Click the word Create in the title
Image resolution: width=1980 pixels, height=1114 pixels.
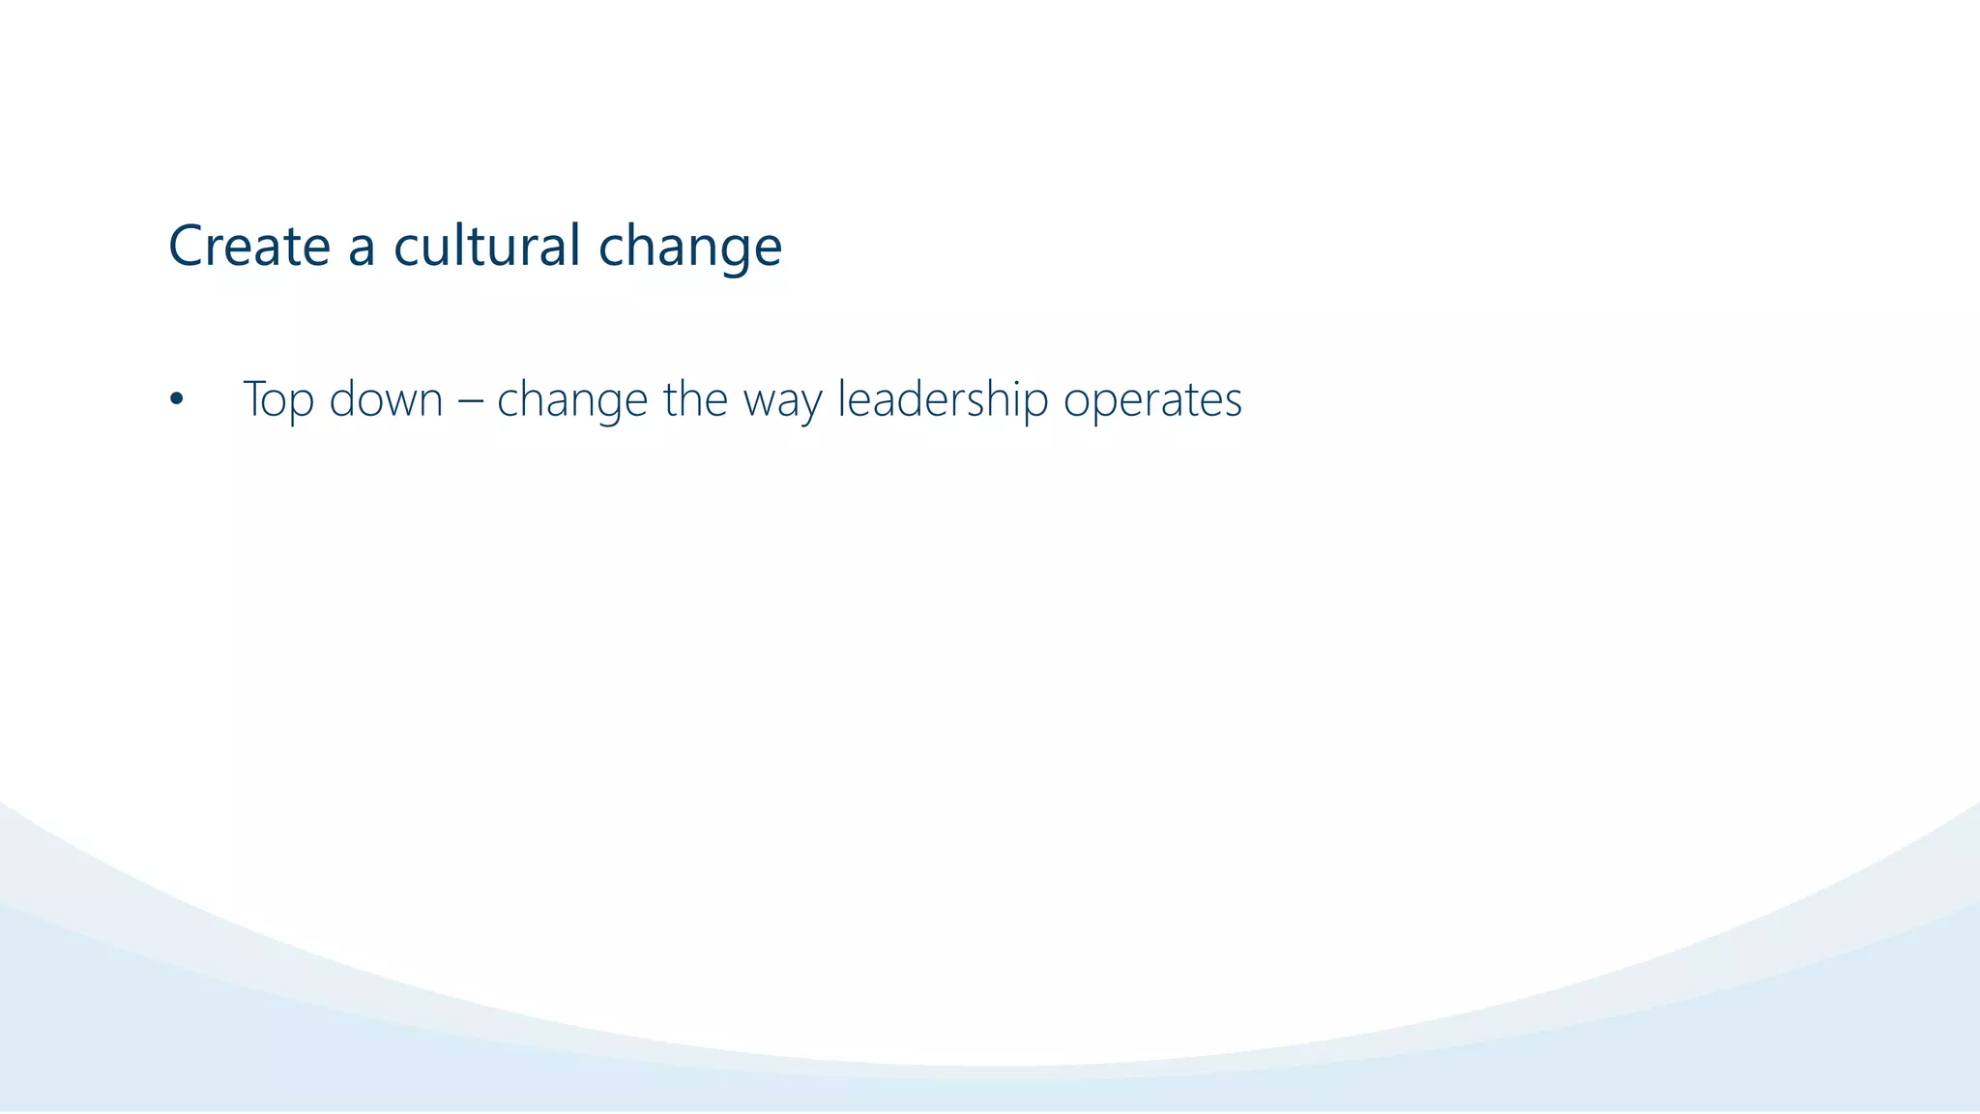coord(249,246)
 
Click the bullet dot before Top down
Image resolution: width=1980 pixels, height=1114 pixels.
coord(175,399)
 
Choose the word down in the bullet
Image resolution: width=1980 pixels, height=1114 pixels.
coord(386,399)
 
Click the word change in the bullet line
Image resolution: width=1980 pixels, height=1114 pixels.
coord(571,399)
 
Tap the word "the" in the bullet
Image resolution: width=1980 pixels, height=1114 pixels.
coord(695,399)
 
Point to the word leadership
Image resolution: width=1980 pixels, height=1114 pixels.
coord(943,399)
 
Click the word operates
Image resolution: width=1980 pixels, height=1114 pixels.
coord(1152,401)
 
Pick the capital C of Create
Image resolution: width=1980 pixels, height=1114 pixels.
coord(188,246)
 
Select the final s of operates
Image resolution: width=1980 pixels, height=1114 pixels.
coord(1233,402)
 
